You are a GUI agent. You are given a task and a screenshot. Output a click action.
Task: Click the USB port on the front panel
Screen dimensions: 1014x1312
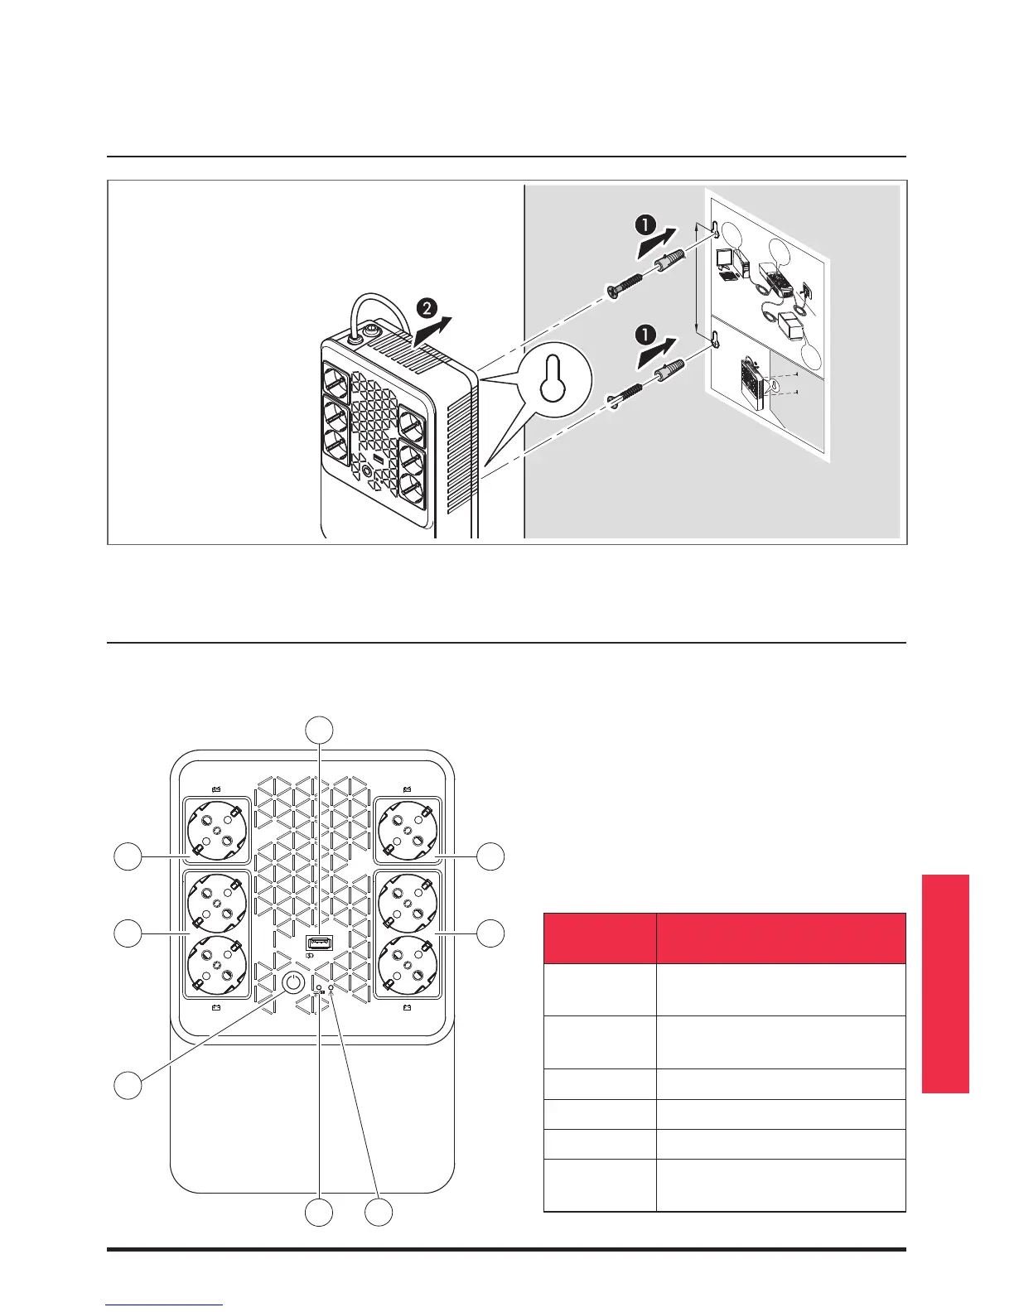(x=320, y=943)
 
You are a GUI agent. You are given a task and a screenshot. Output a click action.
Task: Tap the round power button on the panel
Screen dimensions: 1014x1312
(x=292, y=983)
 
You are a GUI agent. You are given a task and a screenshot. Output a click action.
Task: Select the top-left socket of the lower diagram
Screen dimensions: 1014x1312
(x=215, y=830)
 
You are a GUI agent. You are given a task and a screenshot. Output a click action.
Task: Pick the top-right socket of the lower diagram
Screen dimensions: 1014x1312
(x=406, y=830)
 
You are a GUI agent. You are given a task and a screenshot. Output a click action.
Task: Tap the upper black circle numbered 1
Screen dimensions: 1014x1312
(x=645, y=224)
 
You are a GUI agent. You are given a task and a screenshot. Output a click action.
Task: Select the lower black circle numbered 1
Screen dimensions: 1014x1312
(x=645, y=337)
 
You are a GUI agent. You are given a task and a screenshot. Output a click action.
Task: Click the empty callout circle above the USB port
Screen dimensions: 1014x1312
(x=320, y=730)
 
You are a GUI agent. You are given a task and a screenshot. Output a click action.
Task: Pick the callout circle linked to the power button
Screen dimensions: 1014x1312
(x=128, y=1085)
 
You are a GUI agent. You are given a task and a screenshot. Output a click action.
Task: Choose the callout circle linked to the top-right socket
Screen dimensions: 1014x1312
(x=490, y=856)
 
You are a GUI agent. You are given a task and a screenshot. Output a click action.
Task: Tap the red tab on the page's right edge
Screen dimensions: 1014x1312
(x=944, y=983)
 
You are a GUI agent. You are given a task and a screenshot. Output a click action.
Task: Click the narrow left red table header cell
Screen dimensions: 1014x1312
(x=599, y=938)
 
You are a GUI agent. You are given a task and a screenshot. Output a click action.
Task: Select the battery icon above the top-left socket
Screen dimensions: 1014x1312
(x=215, y=789)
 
